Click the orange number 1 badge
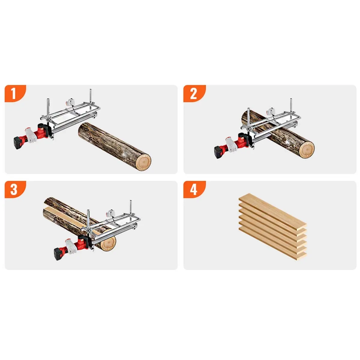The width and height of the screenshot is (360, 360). [x=15, y=93]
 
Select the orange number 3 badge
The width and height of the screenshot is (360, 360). [x=15, y=189]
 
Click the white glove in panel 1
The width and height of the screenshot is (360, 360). [x=31, y=135]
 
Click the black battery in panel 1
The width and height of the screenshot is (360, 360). [x=19, y=143]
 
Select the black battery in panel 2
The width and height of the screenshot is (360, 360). [x=220, y=152]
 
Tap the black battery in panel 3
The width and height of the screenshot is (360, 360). [x=59, y=254]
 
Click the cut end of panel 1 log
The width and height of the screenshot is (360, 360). [x=143, y=162]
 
